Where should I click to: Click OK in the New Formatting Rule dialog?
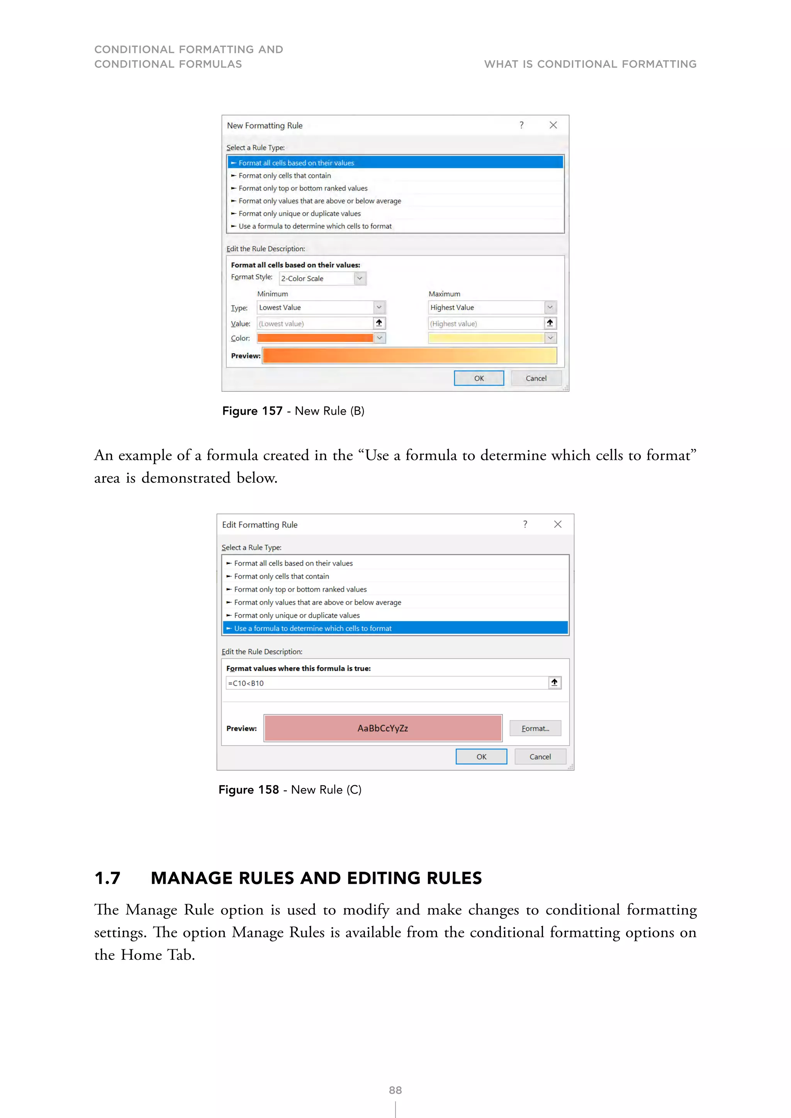(479, 378)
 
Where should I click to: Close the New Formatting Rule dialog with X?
(553, 125)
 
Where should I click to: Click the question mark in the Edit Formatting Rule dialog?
(525, 524)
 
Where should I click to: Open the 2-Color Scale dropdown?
(360, 278)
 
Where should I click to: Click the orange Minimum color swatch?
(315, 338)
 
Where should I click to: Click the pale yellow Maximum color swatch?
(485, 338)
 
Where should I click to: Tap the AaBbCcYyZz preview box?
(383, 728)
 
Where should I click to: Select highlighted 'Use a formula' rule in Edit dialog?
(313, 628)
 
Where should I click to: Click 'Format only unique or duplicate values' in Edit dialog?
(297, 615)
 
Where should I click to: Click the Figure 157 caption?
(293, 411)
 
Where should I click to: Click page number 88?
(395, 1090)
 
